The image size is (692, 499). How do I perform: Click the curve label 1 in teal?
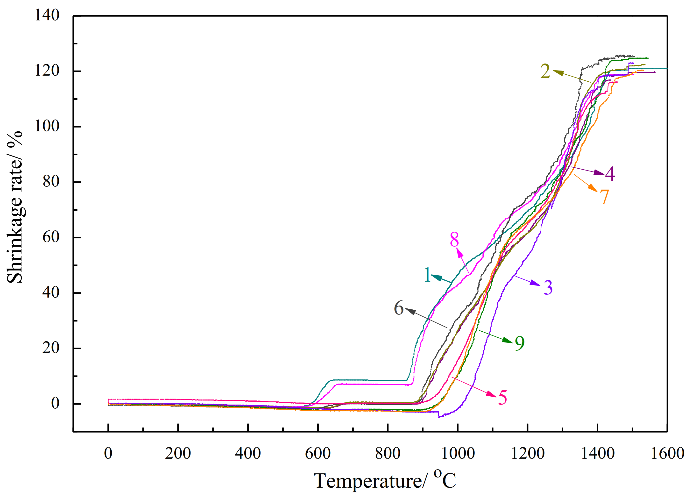(427, 275)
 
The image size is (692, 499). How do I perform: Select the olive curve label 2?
(545, 71)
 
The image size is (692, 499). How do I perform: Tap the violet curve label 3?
(548, 287)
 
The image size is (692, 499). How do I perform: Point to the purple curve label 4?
(610, 174)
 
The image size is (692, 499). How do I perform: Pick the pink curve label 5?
(502, 398)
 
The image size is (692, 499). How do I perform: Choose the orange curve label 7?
(604, 197)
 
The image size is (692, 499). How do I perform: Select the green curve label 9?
(520, 343)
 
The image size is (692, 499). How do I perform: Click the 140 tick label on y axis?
(47, 15)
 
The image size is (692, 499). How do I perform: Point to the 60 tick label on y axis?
(51, 237)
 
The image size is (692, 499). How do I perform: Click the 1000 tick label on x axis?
(458, 453)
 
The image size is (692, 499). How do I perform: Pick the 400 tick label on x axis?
(248, 453)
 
